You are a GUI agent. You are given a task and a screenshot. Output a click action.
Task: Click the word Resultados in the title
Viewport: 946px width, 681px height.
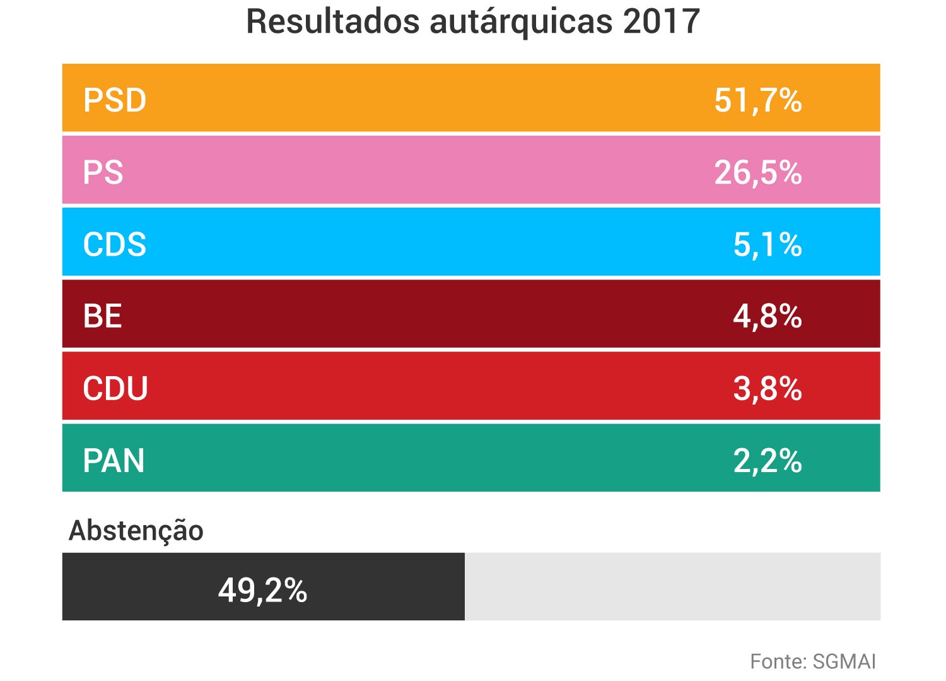[x=332, y=21]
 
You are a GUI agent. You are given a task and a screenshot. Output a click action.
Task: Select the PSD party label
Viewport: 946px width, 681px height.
[x=115, y=100]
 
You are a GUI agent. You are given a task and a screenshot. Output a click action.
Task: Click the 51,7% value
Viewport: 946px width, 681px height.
[x=757, y=100]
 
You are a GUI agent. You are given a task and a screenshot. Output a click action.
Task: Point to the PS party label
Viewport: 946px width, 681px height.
[x=103, y=172]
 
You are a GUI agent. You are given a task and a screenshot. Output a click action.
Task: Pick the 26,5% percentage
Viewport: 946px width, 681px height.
[x=757, y=172]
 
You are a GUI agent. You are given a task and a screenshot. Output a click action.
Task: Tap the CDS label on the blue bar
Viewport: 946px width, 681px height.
[x=115, y=244]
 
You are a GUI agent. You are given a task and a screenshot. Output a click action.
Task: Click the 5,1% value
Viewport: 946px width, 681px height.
[x=767, y=244]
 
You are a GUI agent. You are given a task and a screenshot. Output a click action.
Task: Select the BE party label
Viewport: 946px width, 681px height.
[x=102, y=316]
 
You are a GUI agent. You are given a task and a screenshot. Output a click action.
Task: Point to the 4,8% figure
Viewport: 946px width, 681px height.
[x=767, y=316]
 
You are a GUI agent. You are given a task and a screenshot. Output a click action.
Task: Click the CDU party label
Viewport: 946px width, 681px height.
[x=115, y=388]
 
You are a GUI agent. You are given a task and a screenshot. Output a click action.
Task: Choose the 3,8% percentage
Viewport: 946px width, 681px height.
[x=767, y=388]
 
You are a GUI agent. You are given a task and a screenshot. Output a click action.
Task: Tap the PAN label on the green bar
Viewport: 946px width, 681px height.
[x=114, y=460]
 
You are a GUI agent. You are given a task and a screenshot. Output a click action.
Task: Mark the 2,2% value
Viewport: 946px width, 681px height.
[x=767, y=460]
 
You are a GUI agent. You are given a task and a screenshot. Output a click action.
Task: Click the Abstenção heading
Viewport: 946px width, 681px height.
[x=136, y=531]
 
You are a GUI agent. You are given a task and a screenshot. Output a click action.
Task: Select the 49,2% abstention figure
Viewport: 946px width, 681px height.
[x=262, y=590]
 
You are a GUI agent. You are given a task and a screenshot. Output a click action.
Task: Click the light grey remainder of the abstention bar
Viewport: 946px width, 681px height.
[x=672, y=586]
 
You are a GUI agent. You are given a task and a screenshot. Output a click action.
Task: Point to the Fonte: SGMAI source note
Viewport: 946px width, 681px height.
[x=813, y=661]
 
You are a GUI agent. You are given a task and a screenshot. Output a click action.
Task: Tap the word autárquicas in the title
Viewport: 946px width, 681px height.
[x=522, y=21]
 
